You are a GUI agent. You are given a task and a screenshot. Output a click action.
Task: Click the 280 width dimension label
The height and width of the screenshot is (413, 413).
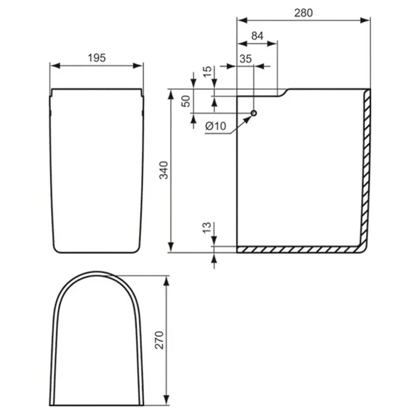pyautogui.click(x=303, y=13)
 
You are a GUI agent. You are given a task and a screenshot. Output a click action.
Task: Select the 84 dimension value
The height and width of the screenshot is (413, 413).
pyautogui.click(x=257, y=36)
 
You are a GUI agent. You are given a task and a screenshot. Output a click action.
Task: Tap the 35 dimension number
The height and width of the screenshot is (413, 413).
pyautogui.click(x=246, y=58)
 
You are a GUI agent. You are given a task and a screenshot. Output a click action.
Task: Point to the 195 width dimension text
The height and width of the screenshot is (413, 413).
pyautogui.click(x=96, y=58)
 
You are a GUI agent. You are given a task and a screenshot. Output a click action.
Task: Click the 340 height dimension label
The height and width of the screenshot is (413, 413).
pyautogui.click(x=164, y=170)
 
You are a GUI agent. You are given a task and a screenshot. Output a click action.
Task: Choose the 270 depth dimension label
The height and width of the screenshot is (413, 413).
pyautogui.click(x=160, y=340)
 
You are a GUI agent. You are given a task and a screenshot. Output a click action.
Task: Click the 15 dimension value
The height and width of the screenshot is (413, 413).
pyautogui.click(x=208, y=71)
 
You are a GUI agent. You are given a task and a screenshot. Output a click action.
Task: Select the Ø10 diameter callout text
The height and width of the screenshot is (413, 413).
pyautogui.click(x=215, y=126)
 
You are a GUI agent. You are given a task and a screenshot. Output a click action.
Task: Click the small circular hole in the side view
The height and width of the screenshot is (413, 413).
pyautogui.click(x=254, y=113)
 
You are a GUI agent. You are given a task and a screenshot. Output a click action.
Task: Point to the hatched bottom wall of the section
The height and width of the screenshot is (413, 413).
pyautogui.click(x=296, y=249)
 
